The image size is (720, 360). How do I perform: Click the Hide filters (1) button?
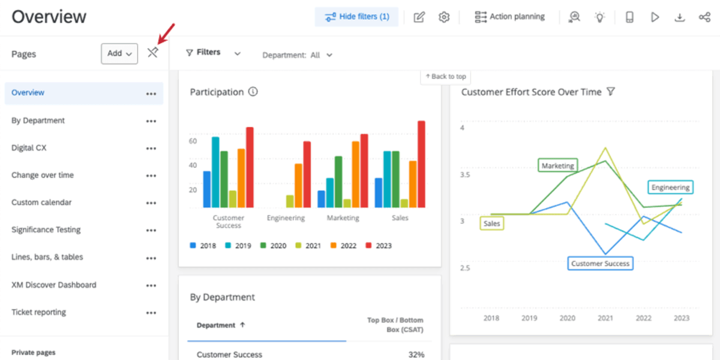[x=356, y=17]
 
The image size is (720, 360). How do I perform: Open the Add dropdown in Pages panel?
[x=119, y=53]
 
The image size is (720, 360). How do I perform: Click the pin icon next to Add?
[x=152, y=53]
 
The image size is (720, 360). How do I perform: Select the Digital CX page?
[x=29, y=148]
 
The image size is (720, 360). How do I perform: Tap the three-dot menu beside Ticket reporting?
[x=151, y=313]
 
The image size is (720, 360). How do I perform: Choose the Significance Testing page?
[x=46, y=230]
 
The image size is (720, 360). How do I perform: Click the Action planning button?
[x=509, y=17]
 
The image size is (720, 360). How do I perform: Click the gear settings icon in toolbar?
[x=444, y=17]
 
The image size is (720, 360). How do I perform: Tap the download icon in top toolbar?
[x=679, y=17]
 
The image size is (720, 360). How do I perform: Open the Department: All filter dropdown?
[x=297, y=55]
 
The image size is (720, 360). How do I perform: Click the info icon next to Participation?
[x=253, y=92]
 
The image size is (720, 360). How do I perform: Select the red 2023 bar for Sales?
[x=421, y=164]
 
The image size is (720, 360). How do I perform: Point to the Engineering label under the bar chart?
[x=286, y=218]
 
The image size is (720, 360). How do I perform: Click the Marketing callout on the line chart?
[x=558, y=166]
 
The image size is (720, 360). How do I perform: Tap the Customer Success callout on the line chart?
[x=600, y=263]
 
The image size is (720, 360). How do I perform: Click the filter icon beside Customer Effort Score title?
[x=611, y=92]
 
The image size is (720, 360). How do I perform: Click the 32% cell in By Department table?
[x=416, y=355]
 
